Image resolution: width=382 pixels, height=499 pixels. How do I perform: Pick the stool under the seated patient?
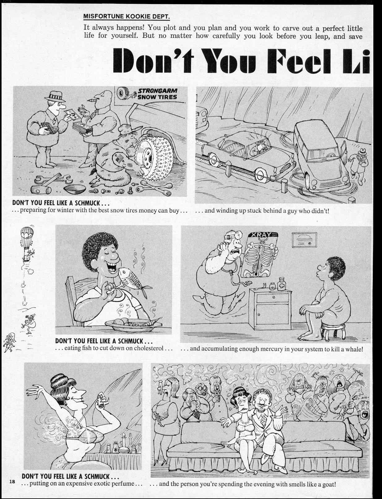[x=333, y=332]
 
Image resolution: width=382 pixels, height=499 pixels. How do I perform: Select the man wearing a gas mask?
[x=198, y=391]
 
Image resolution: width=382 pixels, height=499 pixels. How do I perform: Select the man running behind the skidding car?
[x=360, y=161]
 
